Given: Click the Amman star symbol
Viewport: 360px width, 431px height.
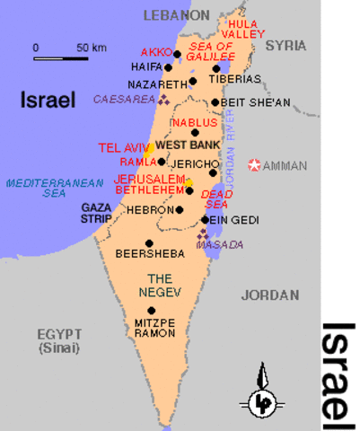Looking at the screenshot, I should tap(256, 165).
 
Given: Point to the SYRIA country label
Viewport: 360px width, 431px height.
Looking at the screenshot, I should tap(285, 44).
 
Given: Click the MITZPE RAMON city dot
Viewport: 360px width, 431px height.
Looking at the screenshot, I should tap(151, 310).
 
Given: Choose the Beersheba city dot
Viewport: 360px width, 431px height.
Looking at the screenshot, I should tap(149, 243).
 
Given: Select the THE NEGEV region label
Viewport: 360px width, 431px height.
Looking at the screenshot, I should tap(154, 285).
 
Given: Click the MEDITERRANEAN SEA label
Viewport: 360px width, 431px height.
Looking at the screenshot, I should tap(42, 187).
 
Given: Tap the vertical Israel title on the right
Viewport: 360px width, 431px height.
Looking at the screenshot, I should tap(339, 371).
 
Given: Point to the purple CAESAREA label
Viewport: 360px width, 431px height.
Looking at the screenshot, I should tap(125, 99).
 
